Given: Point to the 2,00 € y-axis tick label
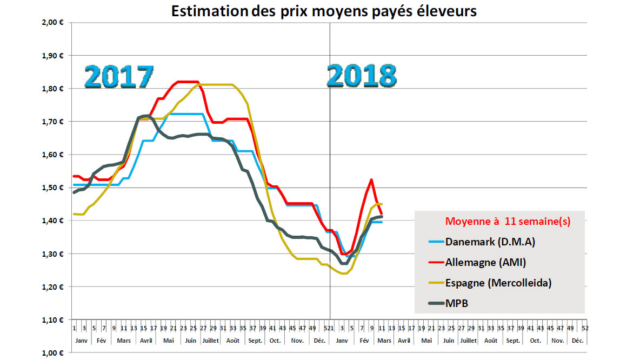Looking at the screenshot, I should [x=54, y=22].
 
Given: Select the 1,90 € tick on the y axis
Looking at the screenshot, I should [x=54, y=56].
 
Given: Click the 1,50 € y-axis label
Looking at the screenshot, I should [x=54, y=188].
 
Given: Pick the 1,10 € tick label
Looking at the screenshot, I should [x=54, y=320].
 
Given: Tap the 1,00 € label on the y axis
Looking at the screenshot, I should [x=54, y=353].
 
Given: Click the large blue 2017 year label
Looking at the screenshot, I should [x=119, y=77].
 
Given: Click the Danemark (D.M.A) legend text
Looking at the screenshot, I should [x=490, y=242].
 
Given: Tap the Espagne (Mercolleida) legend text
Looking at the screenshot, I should [x=499, y=283].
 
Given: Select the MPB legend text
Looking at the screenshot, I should [x=457, y=303].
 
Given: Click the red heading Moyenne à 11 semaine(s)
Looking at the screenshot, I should [x=508, y=222].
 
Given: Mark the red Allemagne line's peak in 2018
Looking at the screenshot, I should [x=371, y=179].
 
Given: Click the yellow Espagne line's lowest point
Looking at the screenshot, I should [x=344, y=274].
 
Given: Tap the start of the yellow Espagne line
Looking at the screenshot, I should [x=74, y=214].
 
